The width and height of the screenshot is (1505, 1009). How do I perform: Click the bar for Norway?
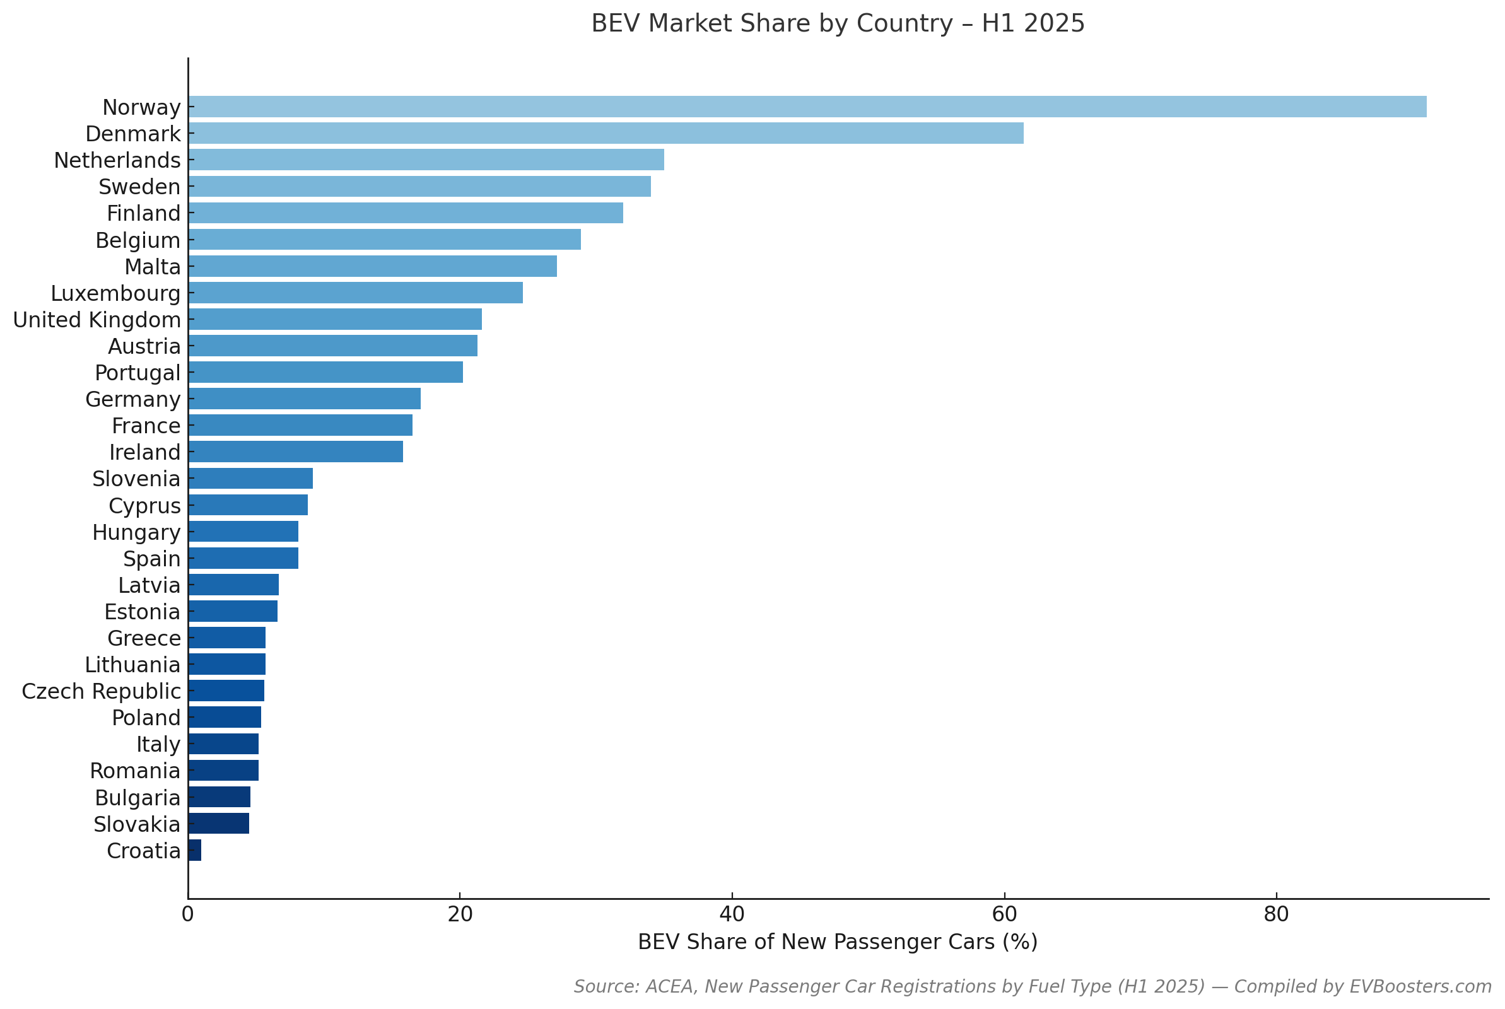point(807,107)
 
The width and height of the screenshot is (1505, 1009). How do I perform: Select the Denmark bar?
point(605,133)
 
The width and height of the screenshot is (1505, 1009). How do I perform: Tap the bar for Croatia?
point(194,850)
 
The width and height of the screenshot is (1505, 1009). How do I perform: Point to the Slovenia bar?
point(250,479)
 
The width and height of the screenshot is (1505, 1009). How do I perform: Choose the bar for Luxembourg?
point(355,293)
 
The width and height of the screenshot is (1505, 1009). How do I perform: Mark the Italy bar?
point(223,744)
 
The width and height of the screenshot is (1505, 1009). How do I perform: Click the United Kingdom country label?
point(97,320)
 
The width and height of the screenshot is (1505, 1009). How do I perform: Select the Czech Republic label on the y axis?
point(101,691)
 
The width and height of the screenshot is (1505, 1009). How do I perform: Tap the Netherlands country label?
point(117,160)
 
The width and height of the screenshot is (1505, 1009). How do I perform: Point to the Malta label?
point(153,266)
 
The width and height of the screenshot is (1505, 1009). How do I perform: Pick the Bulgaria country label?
point(138,798)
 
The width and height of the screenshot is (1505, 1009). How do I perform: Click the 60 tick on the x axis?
point(1004,914)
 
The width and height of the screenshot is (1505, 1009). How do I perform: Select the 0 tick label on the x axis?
point(187,914)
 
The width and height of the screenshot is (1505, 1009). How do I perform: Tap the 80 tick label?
point(1276,914)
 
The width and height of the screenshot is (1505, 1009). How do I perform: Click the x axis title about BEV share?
point(838,942)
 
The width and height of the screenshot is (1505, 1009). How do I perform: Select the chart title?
point(838,24)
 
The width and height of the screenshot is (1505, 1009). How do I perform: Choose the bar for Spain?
point(243,558)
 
